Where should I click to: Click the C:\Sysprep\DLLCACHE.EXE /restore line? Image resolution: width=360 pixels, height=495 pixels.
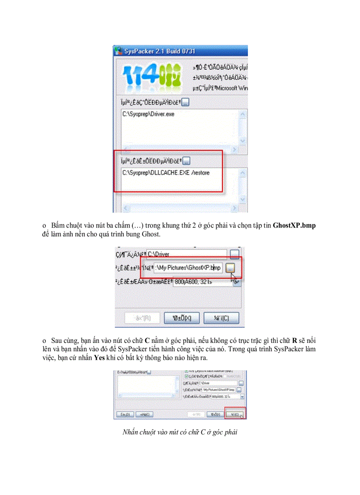[x=166, y=173]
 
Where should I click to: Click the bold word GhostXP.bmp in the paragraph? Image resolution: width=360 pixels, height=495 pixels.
[x=294, y=225]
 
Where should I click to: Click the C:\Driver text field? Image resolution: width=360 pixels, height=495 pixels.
[x=185, y=254]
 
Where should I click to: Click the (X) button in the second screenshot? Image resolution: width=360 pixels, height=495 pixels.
[x=182, y=318]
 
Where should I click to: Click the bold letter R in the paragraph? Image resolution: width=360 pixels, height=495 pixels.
[x=295, y=341]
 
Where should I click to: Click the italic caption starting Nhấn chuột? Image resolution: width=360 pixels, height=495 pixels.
[x=180, y=432]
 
